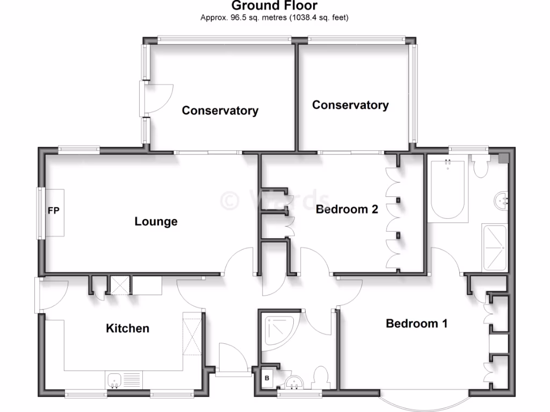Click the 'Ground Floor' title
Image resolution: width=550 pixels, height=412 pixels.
click(x=274, y=6)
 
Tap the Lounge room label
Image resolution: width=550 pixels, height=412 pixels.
click(x=156, y=221)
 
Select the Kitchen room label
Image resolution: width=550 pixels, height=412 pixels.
click(x=127, y=328)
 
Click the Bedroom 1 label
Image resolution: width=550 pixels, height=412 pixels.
click(x=417, y=323)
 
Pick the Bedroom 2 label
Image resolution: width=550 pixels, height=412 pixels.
click(x=347, y=209)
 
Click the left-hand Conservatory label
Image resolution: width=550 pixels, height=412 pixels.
click(x=220, y=111)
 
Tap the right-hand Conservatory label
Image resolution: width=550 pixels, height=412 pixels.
click(x=350, y=105)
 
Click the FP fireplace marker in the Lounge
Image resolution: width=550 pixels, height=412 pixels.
click(x=54, y=211)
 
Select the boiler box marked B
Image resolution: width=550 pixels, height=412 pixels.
click(x=266, y=378)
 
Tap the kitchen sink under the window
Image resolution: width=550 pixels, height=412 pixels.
click(x=115, y=381)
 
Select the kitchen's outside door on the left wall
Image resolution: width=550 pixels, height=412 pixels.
click(x=38, y=295)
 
